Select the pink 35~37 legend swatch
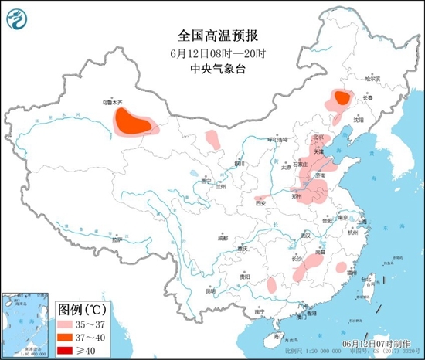click(69, 325)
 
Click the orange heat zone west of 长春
click(340, 97)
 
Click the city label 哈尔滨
click(373, 79)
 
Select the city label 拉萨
click(117, 240)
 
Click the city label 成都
click(223, 238)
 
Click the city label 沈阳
click(358, 120)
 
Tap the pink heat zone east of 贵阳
click(271, 284)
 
